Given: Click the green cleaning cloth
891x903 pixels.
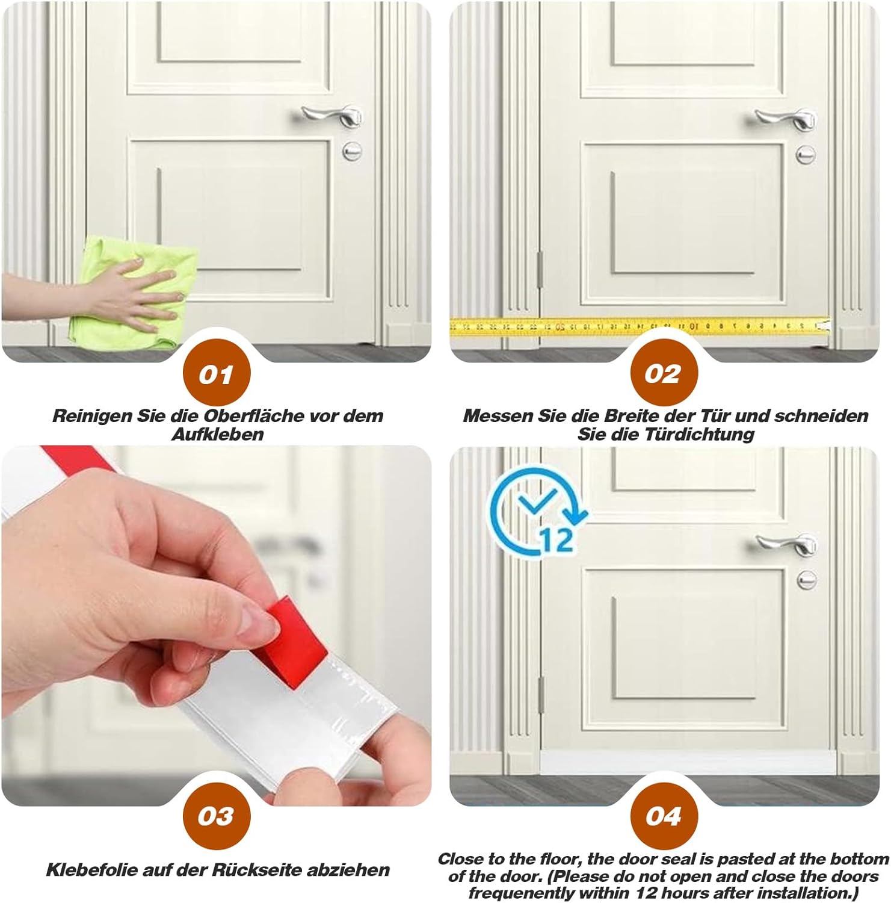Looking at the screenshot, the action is pyautogui.click(x=138, y=289).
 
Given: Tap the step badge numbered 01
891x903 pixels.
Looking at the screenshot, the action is pyautogui.click(x=216, y=374).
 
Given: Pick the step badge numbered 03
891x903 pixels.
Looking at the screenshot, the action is pyautogui.click(x=216, y=816).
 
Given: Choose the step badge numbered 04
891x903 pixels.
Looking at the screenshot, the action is pyautogui.click(x=664, y=816).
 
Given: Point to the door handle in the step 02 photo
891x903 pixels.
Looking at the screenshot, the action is pyautogui.click(x=786, y=118).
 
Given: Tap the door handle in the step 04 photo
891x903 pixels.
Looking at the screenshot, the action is pyautogui.click(x=786, y=544).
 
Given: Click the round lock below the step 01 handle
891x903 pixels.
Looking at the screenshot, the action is pyautogui.click(x=352, y=150).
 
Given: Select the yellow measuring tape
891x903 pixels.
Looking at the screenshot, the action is pyautogui.click(x=640, y=326).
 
